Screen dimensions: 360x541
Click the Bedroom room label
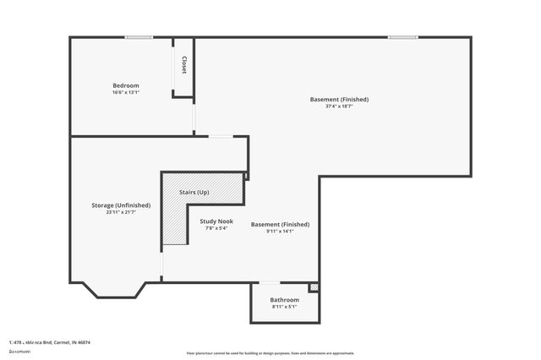pyautogui.click(x=126, y=85)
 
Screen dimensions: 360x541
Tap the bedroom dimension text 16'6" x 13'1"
pyautogui.click(x=126, y=92)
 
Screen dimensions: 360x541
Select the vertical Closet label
pyautogui.click(x=183, y=65)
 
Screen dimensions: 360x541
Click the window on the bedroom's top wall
pyautogui.click(x=139, y=37)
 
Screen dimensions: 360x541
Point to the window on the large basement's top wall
pyautogui.click(x=402, y=37)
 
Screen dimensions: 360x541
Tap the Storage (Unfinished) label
pyautogui.click(x=121, y=205)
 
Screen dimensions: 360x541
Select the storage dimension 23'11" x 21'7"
pyautogui.click(x=121, y=212)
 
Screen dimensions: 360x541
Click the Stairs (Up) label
pyautogui.click(x=194, y=193)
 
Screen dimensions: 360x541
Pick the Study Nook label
pyautogui.click(x=216, y=221)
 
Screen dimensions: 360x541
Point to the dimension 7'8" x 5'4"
pyautogui.click(x=216, y=228)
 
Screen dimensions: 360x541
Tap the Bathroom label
pyautogui.click(x=284, y=300)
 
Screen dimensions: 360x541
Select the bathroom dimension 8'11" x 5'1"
pyautogui.click(x=284, y=307)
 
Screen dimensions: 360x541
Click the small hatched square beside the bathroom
pyautogui.click(x=314, y=287)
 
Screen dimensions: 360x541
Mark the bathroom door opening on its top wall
pyautogui.click(x=269, y=282)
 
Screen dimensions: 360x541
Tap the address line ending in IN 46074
pyautogui.click(x=50, y=342)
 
